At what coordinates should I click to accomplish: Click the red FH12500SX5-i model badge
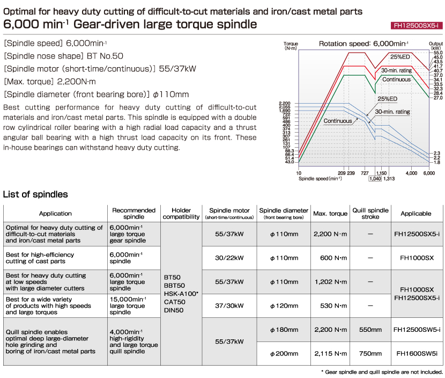(417, 26)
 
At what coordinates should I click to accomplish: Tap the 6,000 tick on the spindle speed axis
(429, 173)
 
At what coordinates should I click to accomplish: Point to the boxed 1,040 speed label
(375, 178)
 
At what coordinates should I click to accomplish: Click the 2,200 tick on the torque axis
(284, 104)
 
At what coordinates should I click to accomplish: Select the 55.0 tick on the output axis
(438, 53)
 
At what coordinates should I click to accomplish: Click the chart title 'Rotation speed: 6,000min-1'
(364, 44)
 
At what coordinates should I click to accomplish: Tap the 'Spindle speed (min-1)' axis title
(320, 178)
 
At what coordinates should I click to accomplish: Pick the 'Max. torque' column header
(330, 214)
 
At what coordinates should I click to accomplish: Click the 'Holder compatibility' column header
(181, 214)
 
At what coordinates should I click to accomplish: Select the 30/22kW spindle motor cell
(229, 258)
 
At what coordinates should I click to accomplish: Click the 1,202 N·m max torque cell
(331, 282)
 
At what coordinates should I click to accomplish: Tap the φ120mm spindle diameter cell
(284, 306)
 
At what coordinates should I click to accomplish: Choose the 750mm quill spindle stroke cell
(370, 353)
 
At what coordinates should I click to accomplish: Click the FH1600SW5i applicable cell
(417, 353)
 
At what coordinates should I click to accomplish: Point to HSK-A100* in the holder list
(181, 294)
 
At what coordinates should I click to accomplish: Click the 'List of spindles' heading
(35, 194)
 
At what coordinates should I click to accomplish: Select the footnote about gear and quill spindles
(382, 372)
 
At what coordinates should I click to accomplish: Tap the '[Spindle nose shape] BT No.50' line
(64, 56)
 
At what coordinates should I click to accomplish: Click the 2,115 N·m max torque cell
(331, 353)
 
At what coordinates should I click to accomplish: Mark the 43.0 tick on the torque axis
(290, 162)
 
